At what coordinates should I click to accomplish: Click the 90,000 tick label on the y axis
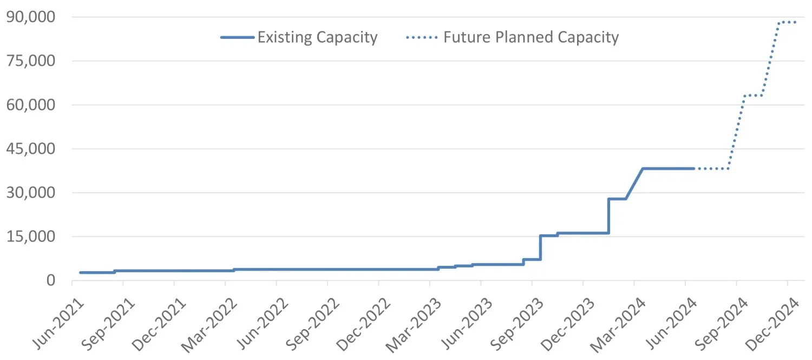pyautogui.click(x=30, y=17)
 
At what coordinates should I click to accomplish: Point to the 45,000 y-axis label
pyautogui.click(x=30, y=149)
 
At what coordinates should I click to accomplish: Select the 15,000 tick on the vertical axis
pyautogui.click(x=30, y=237)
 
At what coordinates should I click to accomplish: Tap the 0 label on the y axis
pyautogui.click(x=50, y=280)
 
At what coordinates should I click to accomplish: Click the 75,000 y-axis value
pyautogui.click(x=30, y=61)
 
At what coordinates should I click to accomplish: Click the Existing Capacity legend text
pyautogui.click(x=317, y=37)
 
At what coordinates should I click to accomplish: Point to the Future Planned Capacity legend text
pyautogui.click(x=531, y=37)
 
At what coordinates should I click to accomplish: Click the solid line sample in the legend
pyautogui.click(x=237, y=37)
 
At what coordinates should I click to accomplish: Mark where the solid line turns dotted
pyautogui.click(x=695, y=168)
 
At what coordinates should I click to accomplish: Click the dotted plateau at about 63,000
pyautogui.click(x=753, y=96)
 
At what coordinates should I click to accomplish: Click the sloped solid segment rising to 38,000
pyautogui.click(x=634, y=184)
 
